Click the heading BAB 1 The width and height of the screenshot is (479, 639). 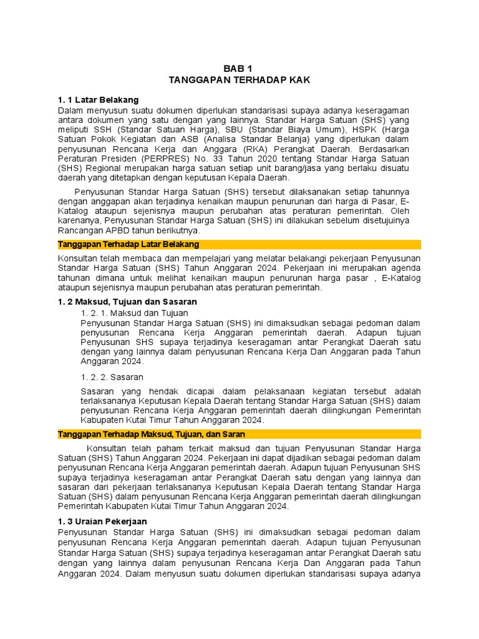point(239,69)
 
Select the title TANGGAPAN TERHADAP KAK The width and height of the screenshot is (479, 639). point(239,80)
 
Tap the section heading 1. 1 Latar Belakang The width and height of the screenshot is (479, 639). point(98,100)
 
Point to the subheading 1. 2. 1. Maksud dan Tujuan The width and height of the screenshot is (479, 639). point(135,312)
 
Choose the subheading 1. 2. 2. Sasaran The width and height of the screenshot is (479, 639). point(112,377)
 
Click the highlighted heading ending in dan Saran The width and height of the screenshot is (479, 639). point(151,434)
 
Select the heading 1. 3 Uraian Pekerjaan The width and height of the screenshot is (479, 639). point(102,521)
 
